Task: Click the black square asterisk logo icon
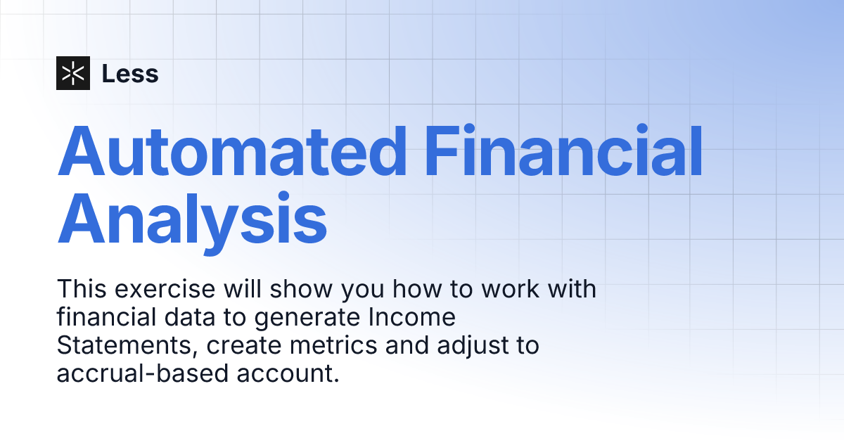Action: [73, 73]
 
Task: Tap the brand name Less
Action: [130, 74]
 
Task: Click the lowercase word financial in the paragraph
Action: [105, 318]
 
